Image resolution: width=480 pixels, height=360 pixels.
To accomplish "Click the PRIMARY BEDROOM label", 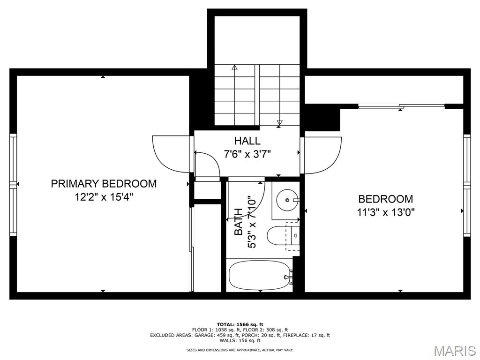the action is click(104, 184).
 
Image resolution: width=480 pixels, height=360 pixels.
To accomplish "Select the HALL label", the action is click(247, 141).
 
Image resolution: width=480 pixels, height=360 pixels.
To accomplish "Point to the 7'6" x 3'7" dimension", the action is click(248, 154).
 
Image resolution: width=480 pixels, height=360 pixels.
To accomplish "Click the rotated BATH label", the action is click(239, 222).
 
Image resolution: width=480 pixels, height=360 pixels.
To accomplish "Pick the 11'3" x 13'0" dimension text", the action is click(386, 212).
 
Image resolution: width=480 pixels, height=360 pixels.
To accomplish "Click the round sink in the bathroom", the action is click(287, 200).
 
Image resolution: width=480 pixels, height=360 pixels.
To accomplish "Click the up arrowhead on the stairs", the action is click(235, 67).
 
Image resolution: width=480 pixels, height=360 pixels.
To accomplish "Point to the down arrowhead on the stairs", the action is click(279, 123).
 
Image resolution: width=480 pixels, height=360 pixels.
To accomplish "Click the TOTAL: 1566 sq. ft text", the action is click(240, 324).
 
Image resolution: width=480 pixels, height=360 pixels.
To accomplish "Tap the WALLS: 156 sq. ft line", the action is click(240, 340).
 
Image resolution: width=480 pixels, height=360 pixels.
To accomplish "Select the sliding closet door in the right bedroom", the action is click(401, 106).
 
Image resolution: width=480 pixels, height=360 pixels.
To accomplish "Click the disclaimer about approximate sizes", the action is click(240, 350).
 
